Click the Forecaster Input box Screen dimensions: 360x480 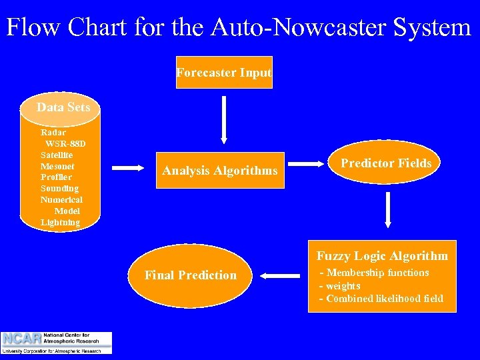[224, 73]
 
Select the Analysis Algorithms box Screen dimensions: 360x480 [219, 171]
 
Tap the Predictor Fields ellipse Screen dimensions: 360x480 [386, 163]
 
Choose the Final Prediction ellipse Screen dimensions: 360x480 [190, 275]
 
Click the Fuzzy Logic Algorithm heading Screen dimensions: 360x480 [382, 256]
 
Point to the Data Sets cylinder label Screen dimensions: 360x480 [63, 107]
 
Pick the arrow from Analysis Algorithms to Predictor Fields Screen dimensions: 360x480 [308, 163]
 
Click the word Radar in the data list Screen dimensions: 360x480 [53, 133]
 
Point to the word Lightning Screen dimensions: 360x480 [60, 223]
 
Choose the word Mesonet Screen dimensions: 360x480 [57, 166]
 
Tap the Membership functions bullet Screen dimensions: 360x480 [375, 273]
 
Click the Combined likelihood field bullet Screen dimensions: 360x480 [381, 299]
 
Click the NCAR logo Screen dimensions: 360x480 [57, 342]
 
